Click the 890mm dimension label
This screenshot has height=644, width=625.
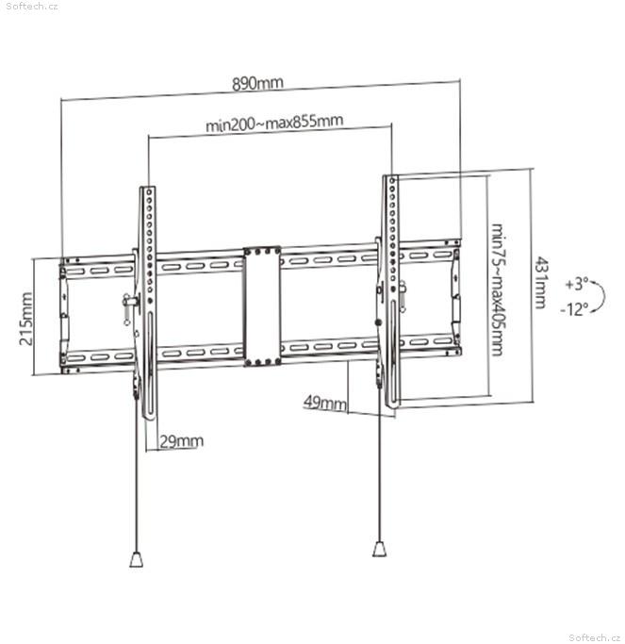coord(257,83)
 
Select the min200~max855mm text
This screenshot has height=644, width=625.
coord(274,123)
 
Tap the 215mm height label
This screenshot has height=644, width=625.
coord(25,319)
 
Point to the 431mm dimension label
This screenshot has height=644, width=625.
coord(541,283)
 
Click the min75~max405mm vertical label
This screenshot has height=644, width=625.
coord(498,289)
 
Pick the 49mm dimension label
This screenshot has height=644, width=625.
coord(325,402)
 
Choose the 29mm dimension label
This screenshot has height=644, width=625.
coord(181,441)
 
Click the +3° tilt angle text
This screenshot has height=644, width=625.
coord(576,284)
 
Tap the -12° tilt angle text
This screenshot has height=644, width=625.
coord(574,309)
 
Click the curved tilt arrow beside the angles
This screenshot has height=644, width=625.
coord(605,295)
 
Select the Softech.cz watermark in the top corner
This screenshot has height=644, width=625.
coord(32,7)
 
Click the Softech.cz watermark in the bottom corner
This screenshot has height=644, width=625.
coord(595,637)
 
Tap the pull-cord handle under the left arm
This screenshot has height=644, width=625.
coord(137,559)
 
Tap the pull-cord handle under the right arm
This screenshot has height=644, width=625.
coord(379,549)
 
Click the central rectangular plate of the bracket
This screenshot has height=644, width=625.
coord(261,306)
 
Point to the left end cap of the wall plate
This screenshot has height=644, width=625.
coord(64,315)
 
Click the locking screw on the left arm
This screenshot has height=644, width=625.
coord(131,302)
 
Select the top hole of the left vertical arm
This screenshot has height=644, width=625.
coord(149,191)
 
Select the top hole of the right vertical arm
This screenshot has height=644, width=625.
coord(392,180)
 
